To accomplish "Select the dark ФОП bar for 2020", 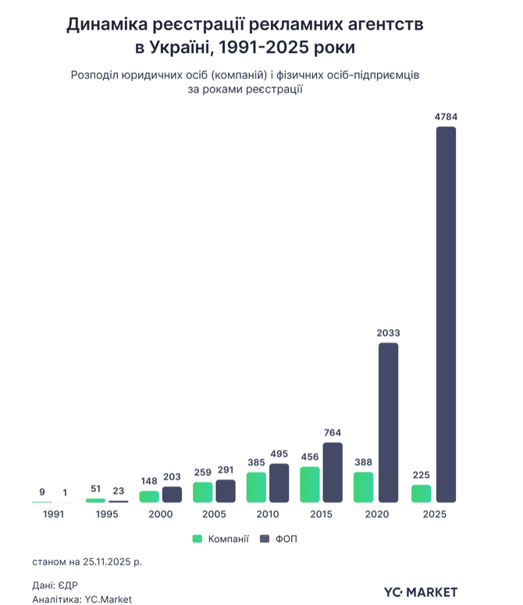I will [x=388, y=423].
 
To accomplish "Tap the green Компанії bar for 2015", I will [x=310, y=484].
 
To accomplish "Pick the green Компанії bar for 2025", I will [x=421, y=494].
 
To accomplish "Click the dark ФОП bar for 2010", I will [x=279, y=483].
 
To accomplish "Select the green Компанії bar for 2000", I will [x=149, y=496].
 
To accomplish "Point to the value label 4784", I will [x=446, y=117].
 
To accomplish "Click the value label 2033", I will [x=388, y=333].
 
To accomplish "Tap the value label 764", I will [x=333, y=433].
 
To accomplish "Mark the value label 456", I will [x=309, y=457].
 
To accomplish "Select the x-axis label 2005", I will [x=214, y=515].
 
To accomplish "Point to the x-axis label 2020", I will [x=376, y=515].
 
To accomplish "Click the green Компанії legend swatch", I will [x=197, y=539].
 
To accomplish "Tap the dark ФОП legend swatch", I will [x=263, y=539].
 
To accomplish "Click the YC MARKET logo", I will [x=421, y=592].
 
